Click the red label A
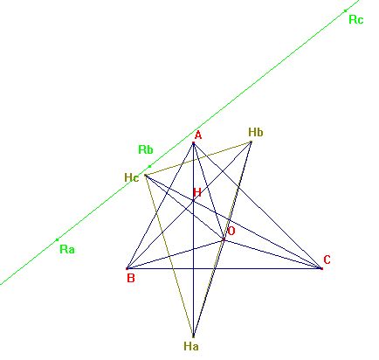point(198,135)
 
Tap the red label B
point(131,278)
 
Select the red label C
point(327,260)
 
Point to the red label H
point(197,192)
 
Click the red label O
point(231,232)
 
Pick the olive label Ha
point(191,346)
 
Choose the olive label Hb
point(256,132)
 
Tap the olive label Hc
point(132,177)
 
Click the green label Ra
point(67,250)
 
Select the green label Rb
point(146,149)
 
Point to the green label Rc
point(356,20)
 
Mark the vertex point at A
point(193,143)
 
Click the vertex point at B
point(127,268)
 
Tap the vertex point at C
point(321,268)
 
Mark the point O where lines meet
point(224,239)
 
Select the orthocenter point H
point(193,200)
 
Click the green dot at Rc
point(345,11)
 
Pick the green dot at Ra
point(57,239)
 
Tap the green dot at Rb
point(149,166)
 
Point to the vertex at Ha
point(193,336)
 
